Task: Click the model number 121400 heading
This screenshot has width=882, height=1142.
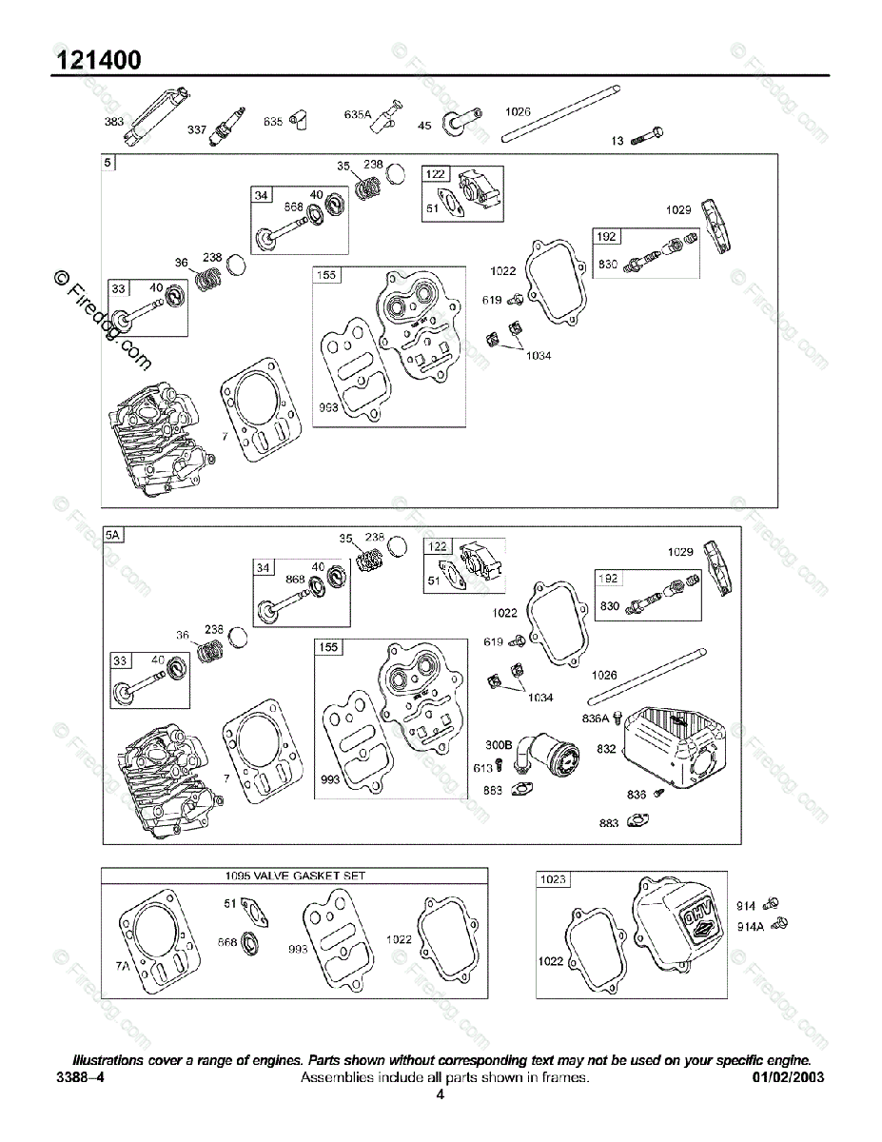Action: pyautogui.click(x=99, y=60)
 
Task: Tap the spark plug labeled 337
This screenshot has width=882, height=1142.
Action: pyautogui.click(x=229, y=122)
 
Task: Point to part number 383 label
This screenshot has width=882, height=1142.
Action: pyautogui.click(x=114, y=122)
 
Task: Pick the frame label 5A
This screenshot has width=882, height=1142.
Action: pyautogui.click(x=113, y=535)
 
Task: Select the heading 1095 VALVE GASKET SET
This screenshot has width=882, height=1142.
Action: pyautogui.click(x=295, y=876)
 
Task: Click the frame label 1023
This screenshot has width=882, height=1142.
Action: pyautogui.click(x=553, y=879)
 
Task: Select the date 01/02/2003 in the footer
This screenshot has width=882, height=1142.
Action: pyautogui.click(x=788, y=1077)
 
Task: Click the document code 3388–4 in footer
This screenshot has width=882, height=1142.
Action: pyautogui.click(x=80, y=1077)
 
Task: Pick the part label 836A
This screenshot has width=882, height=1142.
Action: pyautogui.click(x=596, y=719)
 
